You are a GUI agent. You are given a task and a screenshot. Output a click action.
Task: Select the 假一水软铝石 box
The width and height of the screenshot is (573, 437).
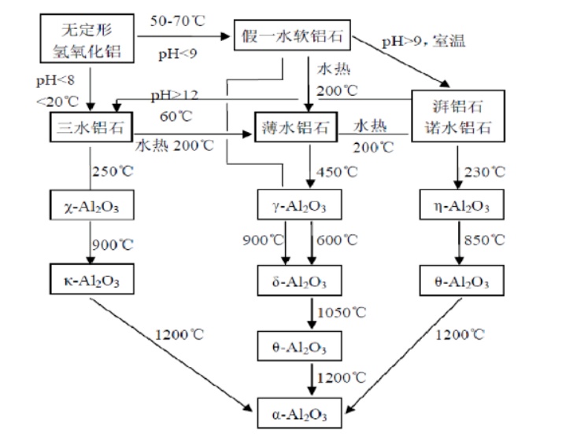(290, 38)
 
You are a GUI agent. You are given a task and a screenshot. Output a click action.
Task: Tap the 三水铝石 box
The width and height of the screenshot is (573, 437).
(87, 127)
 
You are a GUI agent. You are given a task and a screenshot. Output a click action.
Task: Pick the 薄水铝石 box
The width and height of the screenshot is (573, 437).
(296, 127)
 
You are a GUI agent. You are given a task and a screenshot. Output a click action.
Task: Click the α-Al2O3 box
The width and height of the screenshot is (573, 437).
(296, 409)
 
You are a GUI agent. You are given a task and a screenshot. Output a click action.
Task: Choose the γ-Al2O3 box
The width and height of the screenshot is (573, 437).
(296, 207)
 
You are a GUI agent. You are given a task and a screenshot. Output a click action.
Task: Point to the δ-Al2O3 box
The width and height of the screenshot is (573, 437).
(296, 280)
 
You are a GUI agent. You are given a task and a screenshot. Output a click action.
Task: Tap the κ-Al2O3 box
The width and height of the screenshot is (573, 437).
(87, 280)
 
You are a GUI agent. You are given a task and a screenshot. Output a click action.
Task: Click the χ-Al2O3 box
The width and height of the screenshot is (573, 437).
(87, 207)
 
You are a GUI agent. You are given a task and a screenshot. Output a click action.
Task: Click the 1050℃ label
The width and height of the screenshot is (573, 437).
(342, 313)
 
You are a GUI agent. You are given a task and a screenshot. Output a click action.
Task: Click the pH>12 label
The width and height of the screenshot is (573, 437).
(175, 96)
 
